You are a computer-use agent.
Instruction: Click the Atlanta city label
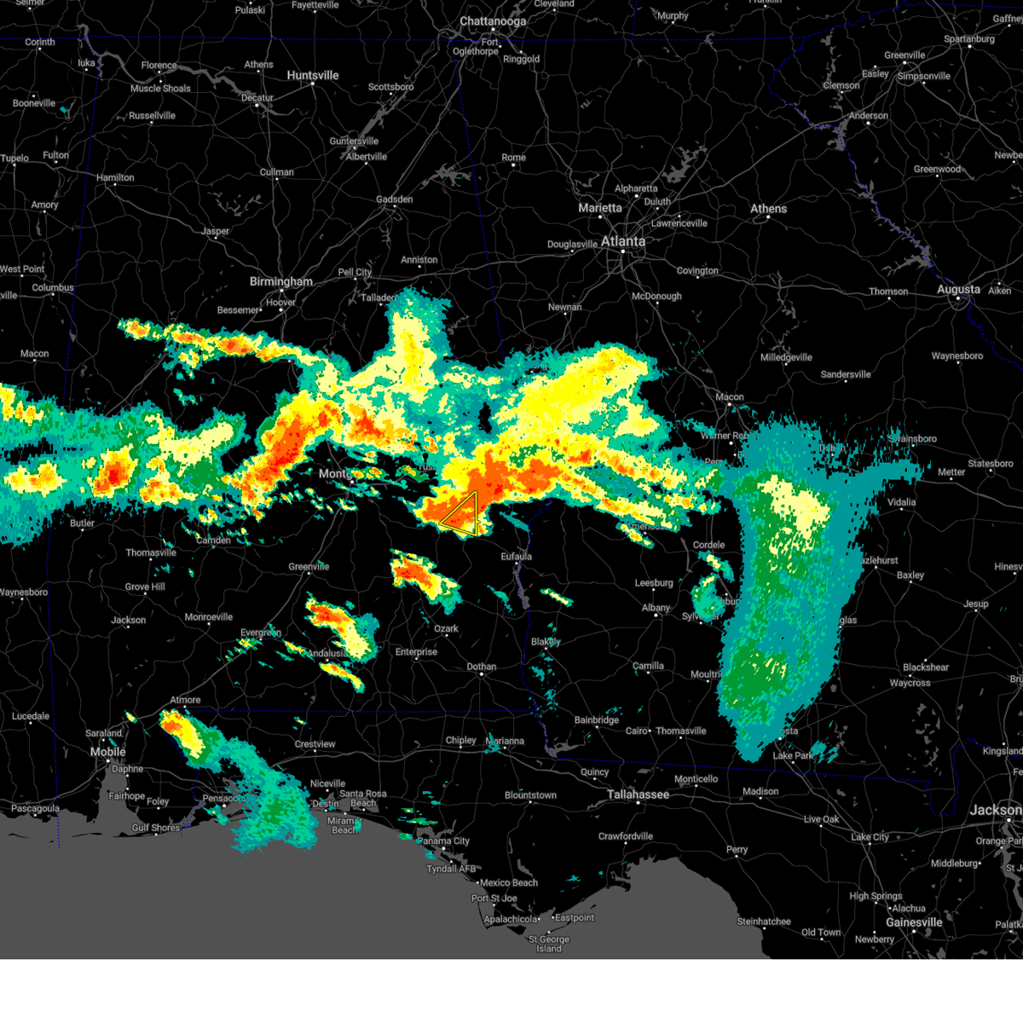[x=623, y=241]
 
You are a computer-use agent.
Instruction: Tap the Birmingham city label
[x=280, y=281]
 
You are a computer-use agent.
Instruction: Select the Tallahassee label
[x=638, y=795]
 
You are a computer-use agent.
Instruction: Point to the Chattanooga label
[x=493, y=21]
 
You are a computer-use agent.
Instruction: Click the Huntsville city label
[x=313, y=76]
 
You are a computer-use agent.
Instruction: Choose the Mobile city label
[x=108, y=752]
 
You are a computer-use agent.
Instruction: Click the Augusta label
[x=958, y=290]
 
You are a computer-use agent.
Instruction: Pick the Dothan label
[x=481, y=667]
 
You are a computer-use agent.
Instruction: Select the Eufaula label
[x=516, y=557]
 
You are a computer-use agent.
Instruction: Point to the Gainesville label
[x=913, y=922]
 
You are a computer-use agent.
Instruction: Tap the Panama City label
[x=444, y=841]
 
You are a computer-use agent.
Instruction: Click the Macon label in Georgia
[x=729, y=396]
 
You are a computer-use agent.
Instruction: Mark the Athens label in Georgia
[x=768, y=209]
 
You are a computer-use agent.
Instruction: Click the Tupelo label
[x=14, y=159]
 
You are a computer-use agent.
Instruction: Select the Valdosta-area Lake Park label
[x=793, y=755]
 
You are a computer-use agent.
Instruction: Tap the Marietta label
[x=600, y=208]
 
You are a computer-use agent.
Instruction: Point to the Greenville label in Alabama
[x=309, y=567]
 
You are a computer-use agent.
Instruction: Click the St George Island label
[x=548, y=944]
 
